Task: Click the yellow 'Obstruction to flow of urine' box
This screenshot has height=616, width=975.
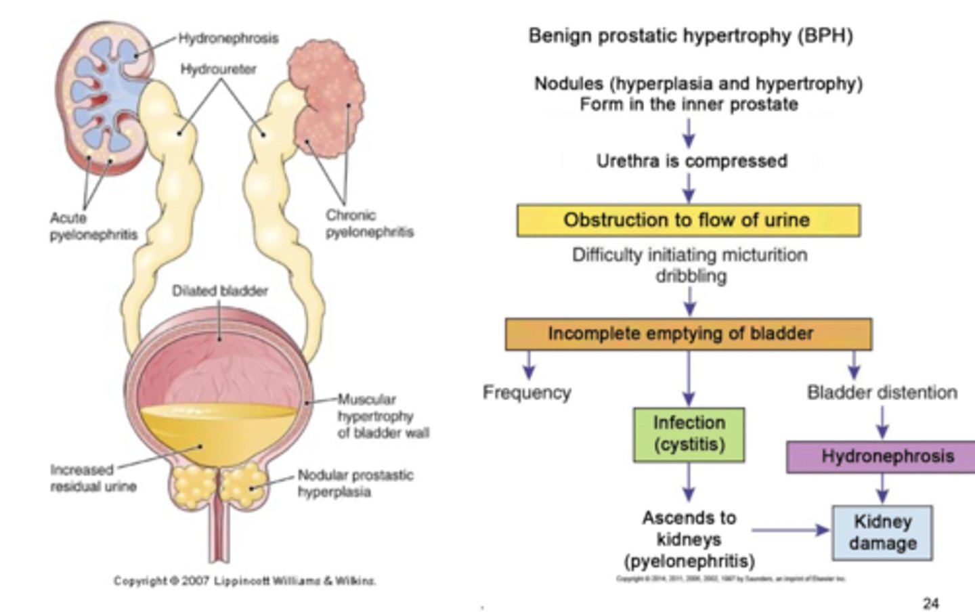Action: pyautogui.click(x=688, y=221)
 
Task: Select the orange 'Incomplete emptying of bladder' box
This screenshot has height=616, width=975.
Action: pyautogui.click(x=688, y=334)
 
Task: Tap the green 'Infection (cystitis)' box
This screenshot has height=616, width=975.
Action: pyautogui.click(x=689, y=434)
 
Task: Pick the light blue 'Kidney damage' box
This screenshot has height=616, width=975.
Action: pyautogui.click(x=882, y=533)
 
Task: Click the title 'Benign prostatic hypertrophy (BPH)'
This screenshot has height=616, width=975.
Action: pyautogui.click(x=690, y=35)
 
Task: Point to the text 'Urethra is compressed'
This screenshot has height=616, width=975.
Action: pyautogui.click(x=691, y=161)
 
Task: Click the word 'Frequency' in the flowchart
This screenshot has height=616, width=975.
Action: pyautogui.click(x=527, y=393)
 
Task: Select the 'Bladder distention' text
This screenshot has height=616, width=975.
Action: pyautogui.click(x=882, y=393)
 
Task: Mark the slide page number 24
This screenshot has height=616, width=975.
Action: pyautogui.click(x=930, y=602)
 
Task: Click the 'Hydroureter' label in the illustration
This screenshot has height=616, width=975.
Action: pyautogui.click(x=218, y=69)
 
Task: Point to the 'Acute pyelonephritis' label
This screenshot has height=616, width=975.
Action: pyautogui.click(x=93, y=226)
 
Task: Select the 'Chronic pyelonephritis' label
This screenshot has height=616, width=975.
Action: pyautogui.click(x=369, y=223)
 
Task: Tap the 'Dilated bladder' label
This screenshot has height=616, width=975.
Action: pyautogui.click(x=219, y=290)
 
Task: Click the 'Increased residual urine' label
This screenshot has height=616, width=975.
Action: pyautogui.click(x=93, y=478)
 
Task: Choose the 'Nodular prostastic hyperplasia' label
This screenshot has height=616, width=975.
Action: pyautogui.click(x=355, y=483)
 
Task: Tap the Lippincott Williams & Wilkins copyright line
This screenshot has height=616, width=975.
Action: pyautogui.click(x=244, y=581)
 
